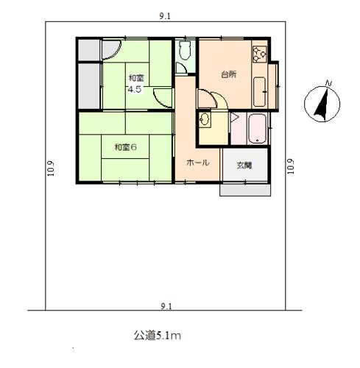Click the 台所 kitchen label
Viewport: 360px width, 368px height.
click(228, 75)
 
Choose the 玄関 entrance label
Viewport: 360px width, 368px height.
click(244, 165)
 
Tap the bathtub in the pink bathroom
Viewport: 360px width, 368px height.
click(258, 131)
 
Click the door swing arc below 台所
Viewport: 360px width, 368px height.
click(206, 99)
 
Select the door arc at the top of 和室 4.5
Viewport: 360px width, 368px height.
click(110, 52)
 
